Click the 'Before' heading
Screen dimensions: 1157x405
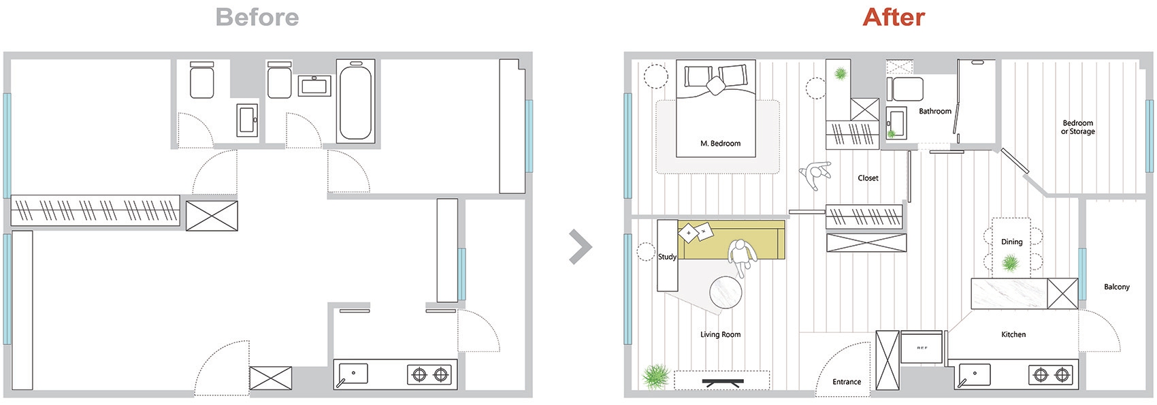point(257,17)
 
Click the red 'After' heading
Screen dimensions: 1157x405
point(894,17)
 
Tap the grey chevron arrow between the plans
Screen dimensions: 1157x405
point(580,247)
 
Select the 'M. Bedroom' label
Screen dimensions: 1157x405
point(720,143)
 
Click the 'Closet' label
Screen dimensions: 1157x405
point(868,178)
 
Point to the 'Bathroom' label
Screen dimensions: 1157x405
point(935,111)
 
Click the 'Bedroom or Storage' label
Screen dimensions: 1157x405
point(1077,127)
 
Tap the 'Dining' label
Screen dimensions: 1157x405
point(1011,242)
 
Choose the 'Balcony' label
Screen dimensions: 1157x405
point(1117,287)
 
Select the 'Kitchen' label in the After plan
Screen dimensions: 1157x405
point(1013,334)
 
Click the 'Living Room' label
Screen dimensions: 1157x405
point(720,334)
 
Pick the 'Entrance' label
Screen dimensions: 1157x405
point(847,382)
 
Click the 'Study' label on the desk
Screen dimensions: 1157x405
point(667,257)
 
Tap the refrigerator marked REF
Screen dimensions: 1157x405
point(922,347)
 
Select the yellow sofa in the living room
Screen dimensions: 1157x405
point(731,240)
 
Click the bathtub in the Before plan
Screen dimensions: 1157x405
point(355,100)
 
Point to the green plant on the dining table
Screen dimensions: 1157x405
point(1010,264)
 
